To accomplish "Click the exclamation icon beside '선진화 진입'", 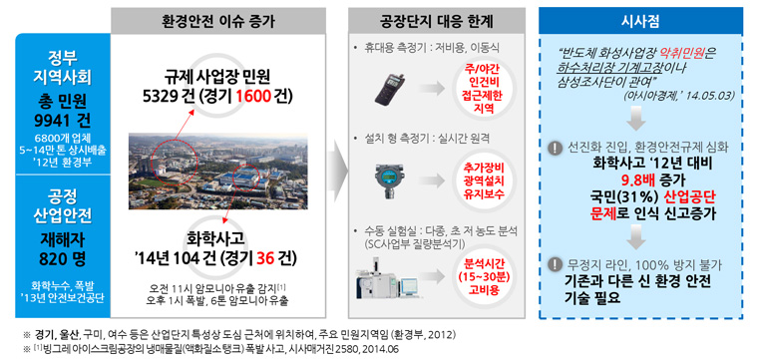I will tap(555, 147).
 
